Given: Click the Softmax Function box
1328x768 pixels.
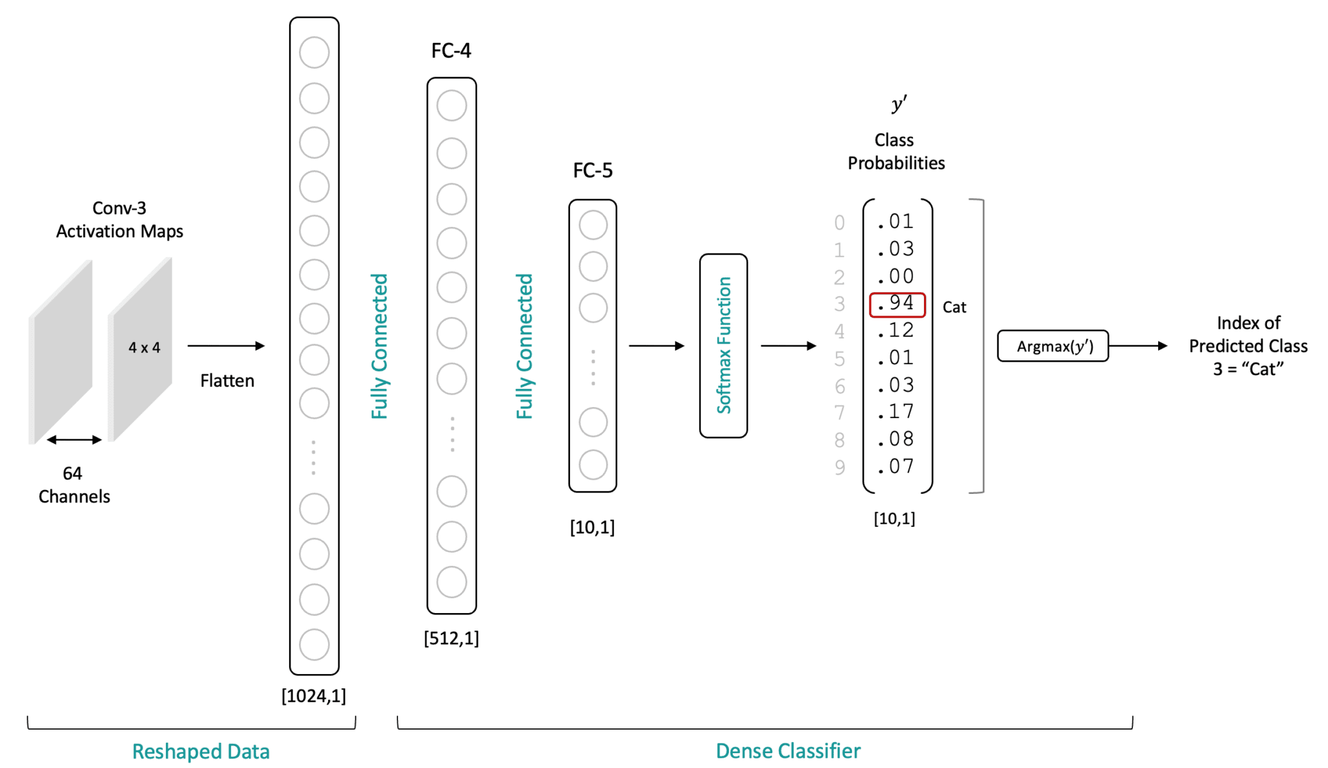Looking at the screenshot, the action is point(723,345).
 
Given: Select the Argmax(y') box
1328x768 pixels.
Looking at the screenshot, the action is point(1052,345).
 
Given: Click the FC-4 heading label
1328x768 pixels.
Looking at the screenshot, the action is point(451,51).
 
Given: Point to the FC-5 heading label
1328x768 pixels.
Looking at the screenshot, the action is point(593,170).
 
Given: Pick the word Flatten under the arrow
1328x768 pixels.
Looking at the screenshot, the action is point(227,380).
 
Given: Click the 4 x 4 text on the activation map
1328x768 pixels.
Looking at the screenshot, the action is point(144,347).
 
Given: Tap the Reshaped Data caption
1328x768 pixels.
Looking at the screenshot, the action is point(201,751).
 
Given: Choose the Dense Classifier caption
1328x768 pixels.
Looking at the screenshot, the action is point(788,751).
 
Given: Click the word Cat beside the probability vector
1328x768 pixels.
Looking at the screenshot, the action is point(954,307).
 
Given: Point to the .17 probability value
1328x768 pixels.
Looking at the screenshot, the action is point(896,412).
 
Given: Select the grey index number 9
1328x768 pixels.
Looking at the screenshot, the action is point(840,467).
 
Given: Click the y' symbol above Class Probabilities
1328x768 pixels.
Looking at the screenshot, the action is point(899,104).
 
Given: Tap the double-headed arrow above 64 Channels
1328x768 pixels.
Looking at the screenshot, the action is point(74,440).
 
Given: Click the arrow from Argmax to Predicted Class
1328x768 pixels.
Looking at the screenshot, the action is point(1139,346).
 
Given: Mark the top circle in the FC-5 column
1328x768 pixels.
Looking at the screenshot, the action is point(593,225).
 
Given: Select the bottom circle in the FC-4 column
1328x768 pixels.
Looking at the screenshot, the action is point(451,582).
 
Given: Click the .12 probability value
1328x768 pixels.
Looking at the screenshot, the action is point(896,331).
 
